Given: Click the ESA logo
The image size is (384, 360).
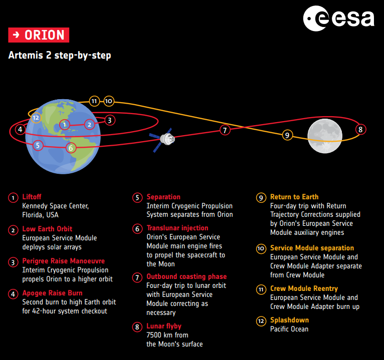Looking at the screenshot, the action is pos(338,19).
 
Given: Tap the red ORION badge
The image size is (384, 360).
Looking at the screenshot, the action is pos(39,35).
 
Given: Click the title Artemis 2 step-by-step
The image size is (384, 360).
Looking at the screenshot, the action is pos(60,55).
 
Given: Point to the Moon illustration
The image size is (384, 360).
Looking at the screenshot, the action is pos(325,136).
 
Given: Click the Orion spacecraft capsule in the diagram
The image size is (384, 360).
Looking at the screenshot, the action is pos(167,139).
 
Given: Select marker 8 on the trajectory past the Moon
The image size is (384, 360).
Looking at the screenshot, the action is pos(360,129).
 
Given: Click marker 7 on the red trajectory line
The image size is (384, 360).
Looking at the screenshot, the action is pos(225,130).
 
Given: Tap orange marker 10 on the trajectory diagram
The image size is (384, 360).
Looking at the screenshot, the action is pos(109,101).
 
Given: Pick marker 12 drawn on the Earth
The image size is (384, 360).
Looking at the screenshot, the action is pos(36,118).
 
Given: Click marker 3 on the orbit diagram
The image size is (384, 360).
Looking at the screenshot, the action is pos(109,120).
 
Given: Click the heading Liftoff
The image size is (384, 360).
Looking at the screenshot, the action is pos(32,197).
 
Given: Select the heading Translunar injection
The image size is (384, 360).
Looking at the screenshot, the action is pos(177,228).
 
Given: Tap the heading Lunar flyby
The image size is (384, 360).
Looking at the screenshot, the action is pos(164,326).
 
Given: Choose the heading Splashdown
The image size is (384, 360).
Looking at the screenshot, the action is pos(289,320).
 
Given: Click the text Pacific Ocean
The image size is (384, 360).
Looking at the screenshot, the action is pos(289,329).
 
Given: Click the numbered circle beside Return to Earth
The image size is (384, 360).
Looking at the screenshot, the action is pos(261,198).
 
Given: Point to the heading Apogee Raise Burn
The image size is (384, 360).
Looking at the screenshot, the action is pos(53,293).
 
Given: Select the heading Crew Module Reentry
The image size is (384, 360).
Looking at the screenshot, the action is pos(304,288).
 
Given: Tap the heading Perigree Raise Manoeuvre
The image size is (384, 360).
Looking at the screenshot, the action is pos(64,261).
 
